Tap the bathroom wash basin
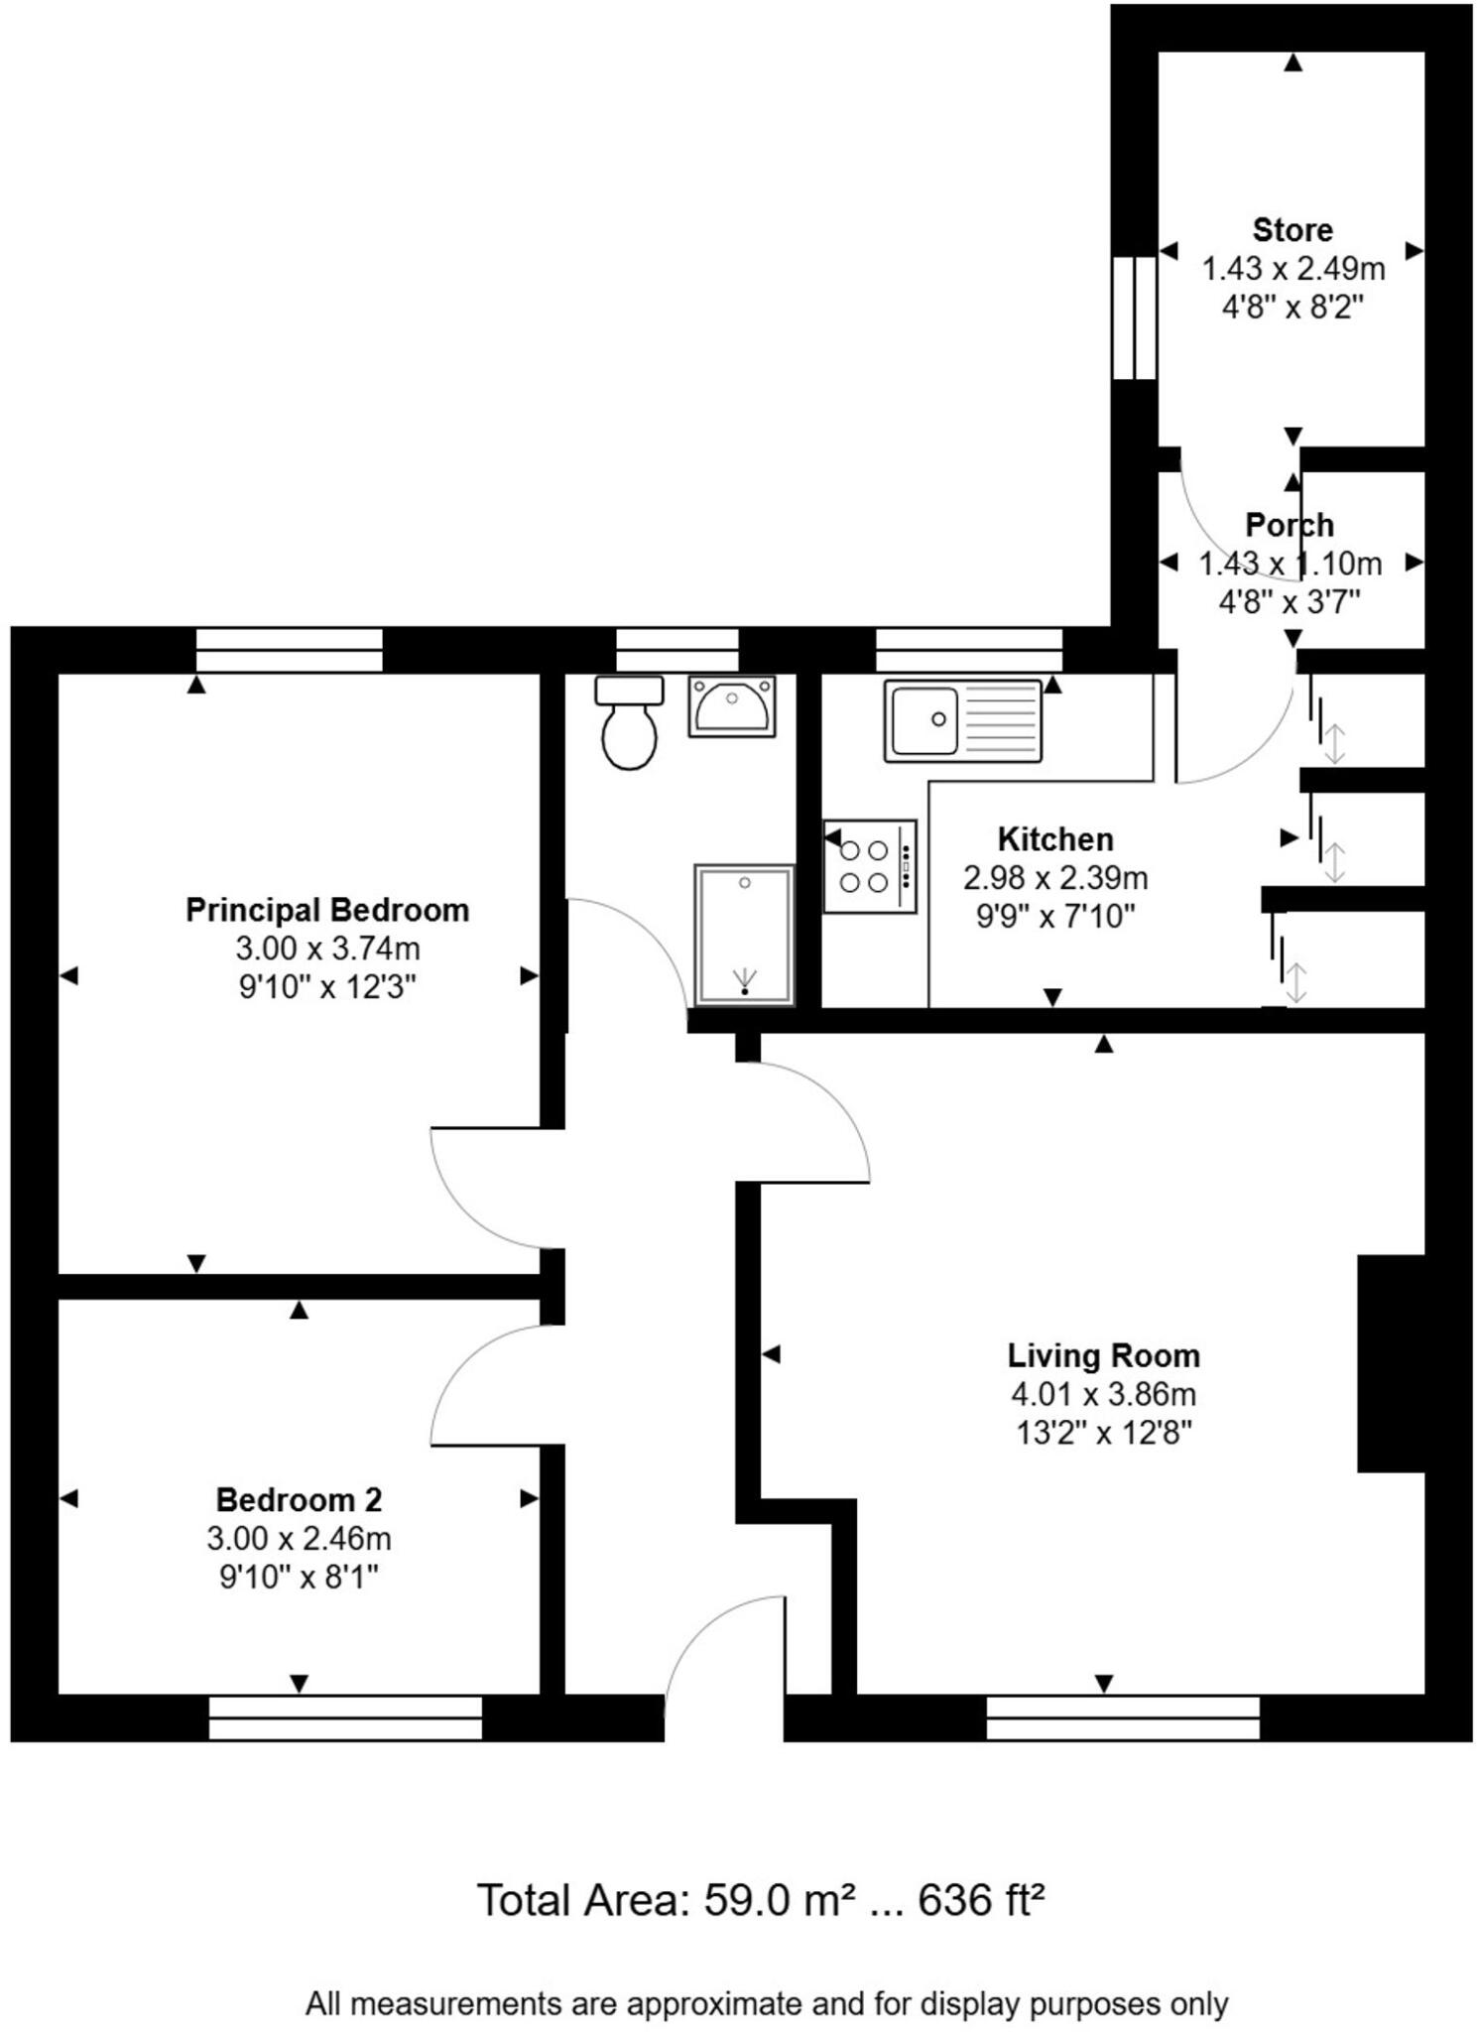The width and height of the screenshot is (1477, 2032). click(x=732, y=706)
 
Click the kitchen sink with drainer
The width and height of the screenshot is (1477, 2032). click(x=962, y=720)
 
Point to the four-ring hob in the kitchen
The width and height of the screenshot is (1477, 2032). click(x=869, y=866)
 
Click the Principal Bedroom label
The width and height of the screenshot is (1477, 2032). click(x=327, y=910)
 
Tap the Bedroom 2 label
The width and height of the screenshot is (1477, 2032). click(x=299, y=1499)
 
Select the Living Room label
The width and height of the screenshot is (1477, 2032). click(x=1103, y=1355)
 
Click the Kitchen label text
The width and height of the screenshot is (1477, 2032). click(x=1054, y=839)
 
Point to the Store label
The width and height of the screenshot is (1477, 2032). click(x=1292, y=230)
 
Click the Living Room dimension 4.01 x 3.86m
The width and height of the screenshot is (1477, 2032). click(x=1103, y=1394)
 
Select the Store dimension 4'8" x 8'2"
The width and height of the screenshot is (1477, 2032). click(x=1292, y=308)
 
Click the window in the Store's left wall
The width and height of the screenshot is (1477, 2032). click(x=1134, y=317)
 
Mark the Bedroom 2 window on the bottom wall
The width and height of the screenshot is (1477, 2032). click(x=345, y=1716)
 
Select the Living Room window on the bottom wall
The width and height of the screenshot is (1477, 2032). click(x=1122, y=1716)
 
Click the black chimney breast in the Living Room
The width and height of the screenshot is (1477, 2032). click(x=1391, y=1362)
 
